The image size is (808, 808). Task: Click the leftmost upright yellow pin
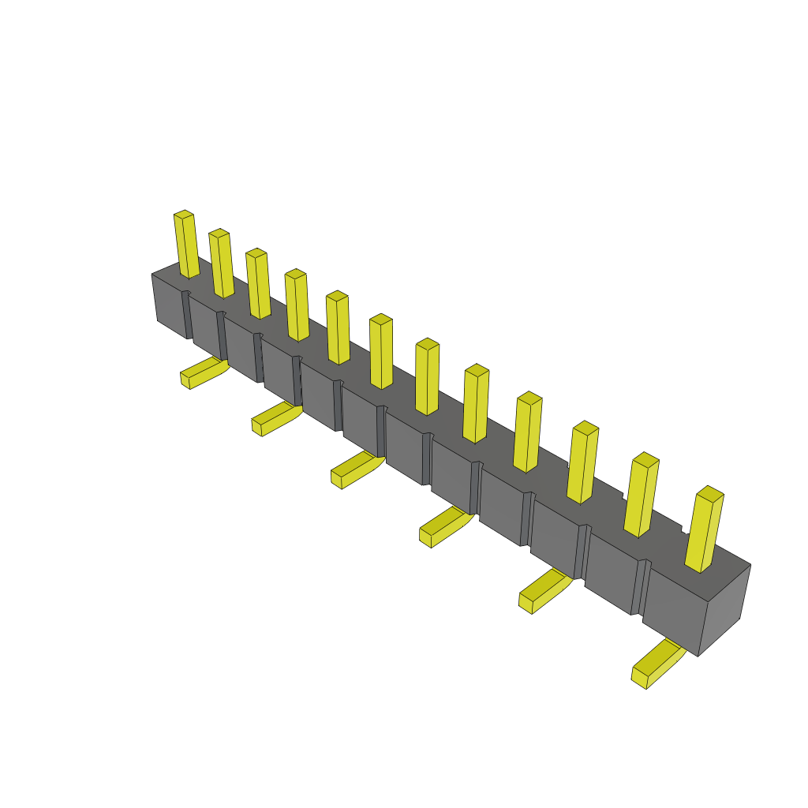[186, 245]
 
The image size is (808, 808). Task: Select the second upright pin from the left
[222, 264]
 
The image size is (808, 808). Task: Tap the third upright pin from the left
[258, 284]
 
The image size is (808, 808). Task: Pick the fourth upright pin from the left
[297, 305]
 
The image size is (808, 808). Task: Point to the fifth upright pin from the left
[338, 328]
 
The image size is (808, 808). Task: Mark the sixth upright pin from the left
[381, 352]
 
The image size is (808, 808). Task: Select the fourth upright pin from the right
[528, 432]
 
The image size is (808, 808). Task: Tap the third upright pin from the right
[582, 462]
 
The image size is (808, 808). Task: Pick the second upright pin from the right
[642, 495]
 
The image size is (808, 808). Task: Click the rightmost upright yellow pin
[704, 529]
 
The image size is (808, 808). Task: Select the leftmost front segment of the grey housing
[170, 306]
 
